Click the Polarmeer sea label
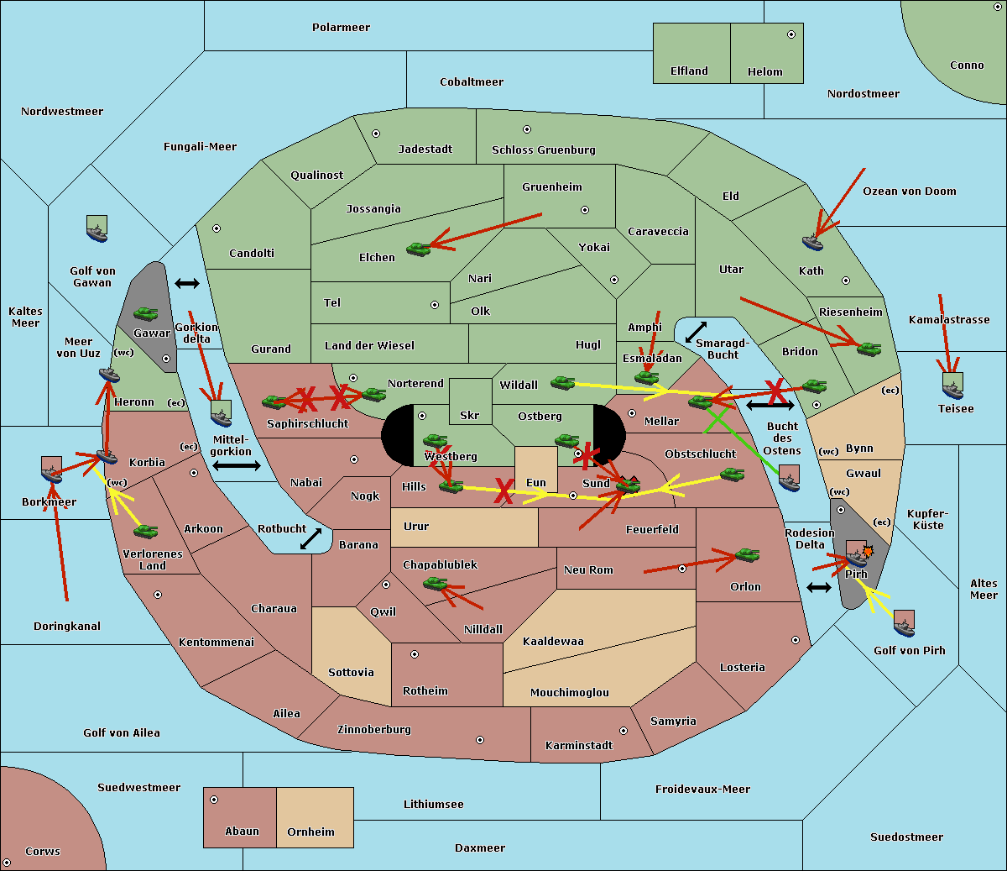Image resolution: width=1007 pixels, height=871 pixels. pyautogui.click(x=341, y=28)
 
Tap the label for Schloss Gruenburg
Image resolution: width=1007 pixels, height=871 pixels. pyautogui.click(x=543, y=150)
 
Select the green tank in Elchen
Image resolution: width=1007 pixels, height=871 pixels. pyautogui.click(x=418, y=249)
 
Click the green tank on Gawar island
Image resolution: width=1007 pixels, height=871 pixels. pyautogui.click(x=145, y=314)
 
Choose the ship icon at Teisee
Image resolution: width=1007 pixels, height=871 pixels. pyautogui.click(x=952, y=386)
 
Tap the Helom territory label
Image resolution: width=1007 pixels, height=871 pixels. pyautogui.click(x=764, y=72)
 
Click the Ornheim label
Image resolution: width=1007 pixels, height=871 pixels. pyautogui.click(x=310, y=832)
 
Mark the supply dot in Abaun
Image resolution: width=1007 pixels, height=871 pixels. pyautogui.click(x=214, y=800)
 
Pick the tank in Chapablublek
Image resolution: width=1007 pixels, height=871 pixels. pyautogui.click(x=435, y=583)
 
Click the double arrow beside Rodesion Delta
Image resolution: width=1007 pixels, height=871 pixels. pyautogui.click(x=819, y=587)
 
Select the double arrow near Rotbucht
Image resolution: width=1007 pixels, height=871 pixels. pyautogui.click(x=310, y=538)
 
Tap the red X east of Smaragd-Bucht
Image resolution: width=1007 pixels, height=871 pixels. pyautogui.click(x=776, y=391)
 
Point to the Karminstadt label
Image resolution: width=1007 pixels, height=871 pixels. pyautogui.click(x=579, y=746)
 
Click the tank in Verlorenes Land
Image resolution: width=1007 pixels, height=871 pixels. pyautogui.click(x=145, y=531)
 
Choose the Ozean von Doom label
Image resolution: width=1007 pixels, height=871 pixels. pyautogui.click(x=909, y=192)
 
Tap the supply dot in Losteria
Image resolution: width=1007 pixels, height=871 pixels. pyautogui.click(x=796, y=640)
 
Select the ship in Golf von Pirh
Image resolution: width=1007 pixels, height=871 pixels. pyautogui.click(x=904, y=624)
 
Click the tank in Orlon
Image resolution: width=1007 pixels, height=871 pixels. pyautogui.click(x=747, y=555)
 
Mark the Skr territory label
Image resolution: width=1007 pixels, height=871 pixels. pyautogui.click(x=469, y=416)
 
